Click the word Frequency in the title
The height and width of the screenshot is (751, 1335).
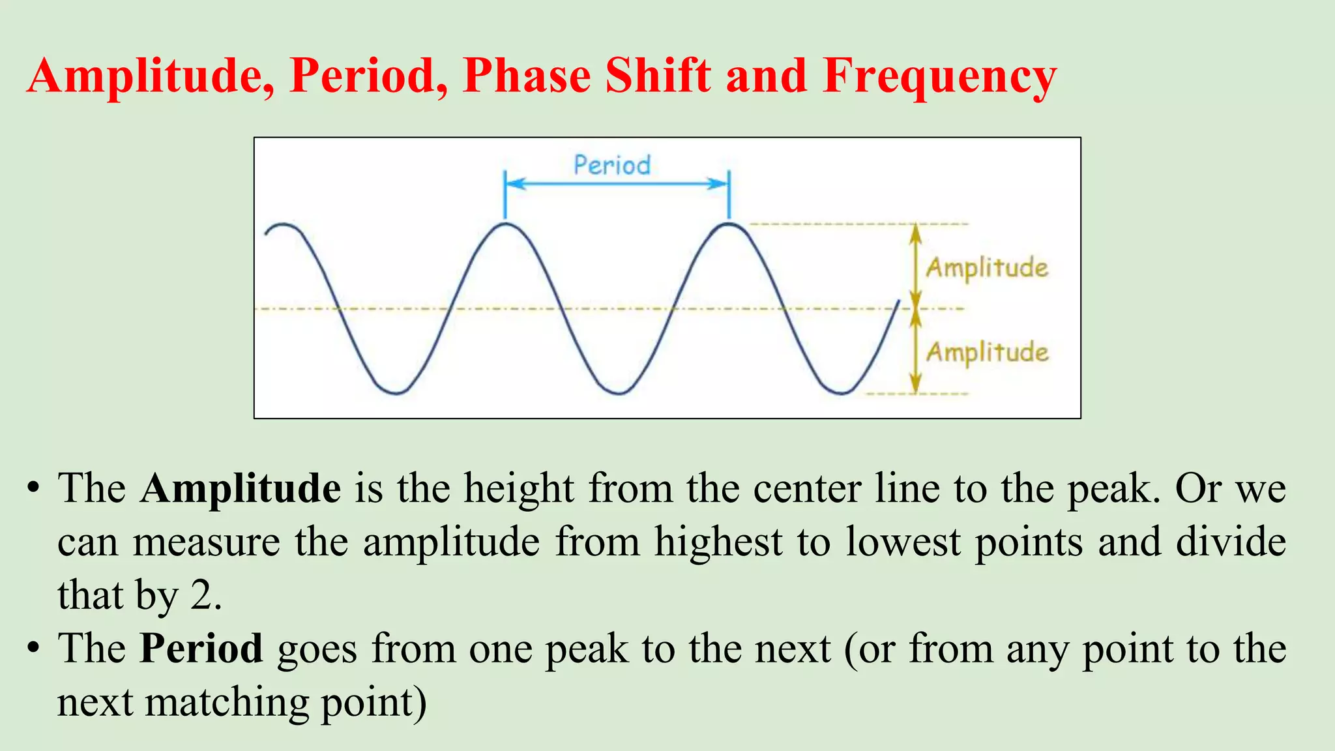tap(939, 77)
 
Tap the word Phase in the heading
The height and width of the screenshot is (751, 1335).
tap(526, 77)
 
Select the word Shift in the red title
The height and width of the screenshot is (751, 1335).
tap(658, 76)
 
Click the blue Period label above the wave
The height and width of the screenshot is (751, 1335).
tap(611, 165)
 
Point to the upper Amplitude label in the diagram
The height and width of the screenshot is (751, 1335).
tap(987, 268)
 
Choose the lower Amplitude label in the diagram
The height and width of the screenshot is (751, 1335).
tap(987, 353)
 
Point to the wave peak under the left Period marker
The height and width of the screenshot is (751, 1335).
tap(505, 224)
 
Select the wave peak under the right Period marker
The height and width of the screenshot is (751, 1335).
tap(729, 224)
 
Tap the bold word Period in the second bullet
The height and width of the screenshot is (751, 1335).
tap(201, 649)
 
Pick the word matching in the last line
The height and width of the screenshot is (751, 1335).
tap(226, 703)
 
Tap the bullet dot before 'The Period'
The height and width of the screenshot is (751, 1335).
tap(34, 649)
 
